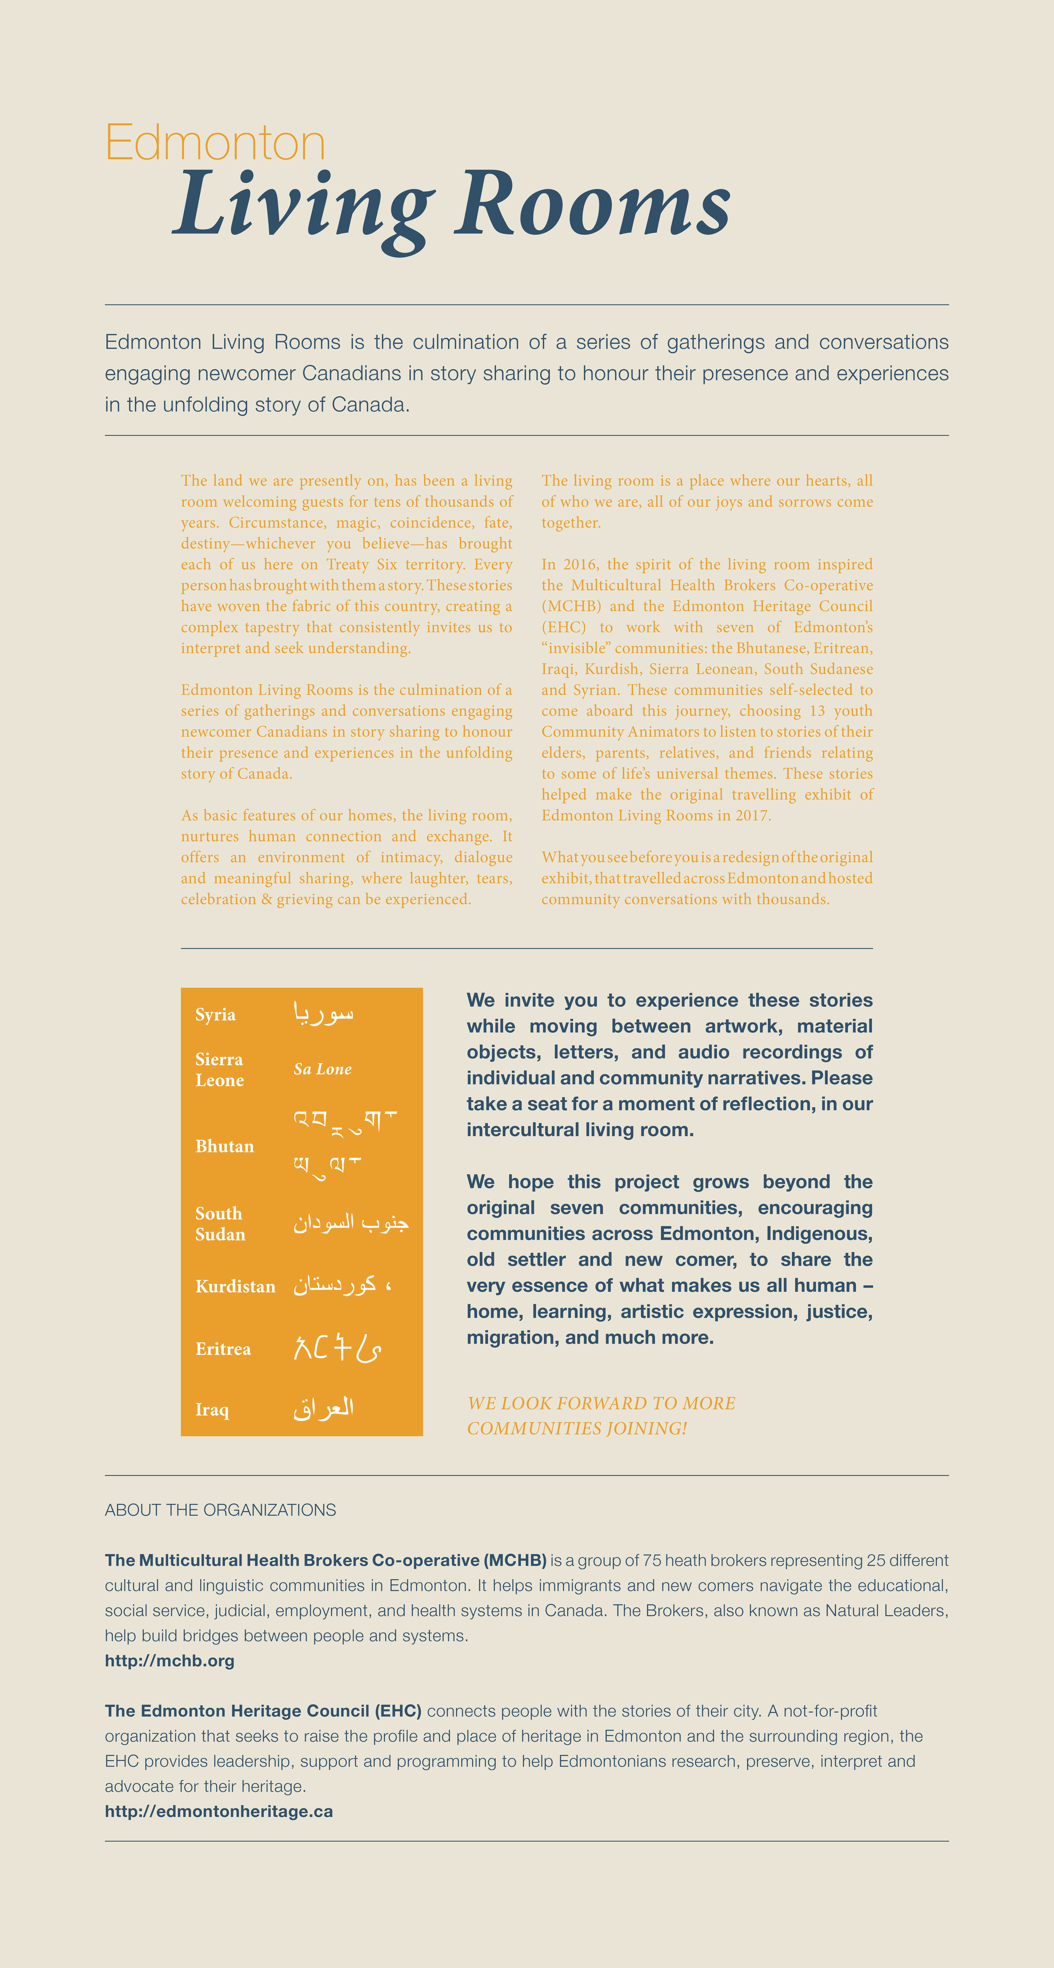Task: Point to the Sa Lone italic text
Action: tap(323, 1069)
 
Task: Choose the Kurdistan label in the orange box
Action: tap(235, 1287)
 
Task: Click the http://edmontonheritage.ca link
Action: tap(219, 1811)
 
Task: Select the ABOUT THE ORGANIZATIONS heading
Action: tap(220, 1510)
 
